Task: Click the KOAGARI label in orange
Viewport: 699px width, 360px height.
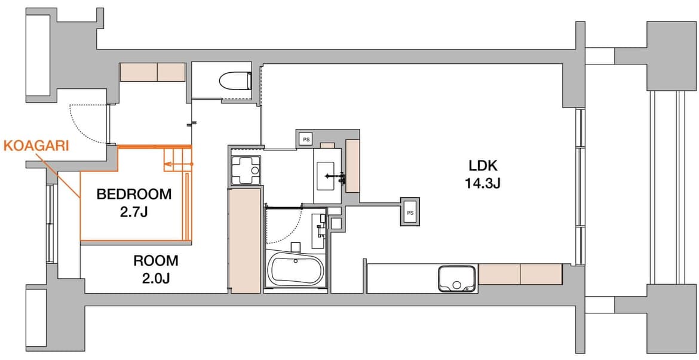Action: pos(36,146)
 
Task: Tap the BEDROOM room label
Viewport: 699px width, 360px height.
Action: pos(134,194)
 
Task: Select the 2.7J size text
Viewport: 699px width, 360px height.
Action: pos(134,213)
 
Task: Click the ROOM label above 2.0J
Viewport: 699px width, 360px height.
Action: pos(155,260)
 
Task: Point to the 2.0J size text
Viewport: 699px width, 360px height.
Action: pos(155,278)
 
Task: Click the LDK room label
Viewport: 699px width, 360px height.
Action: pos(482,166)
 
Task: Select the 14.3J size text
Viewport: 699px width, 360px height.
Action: pos(482,183)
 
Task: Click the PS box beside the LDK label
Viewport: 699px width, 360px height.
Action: pos(410,213)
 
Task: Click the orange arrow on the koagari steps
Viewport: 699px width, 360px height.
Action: pos(178,165)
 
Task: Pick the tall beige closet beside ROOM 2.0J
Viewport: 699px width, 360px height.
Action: pos(244,241)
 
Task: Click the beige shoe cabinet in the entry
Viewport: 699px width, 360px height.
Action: pos(152,72)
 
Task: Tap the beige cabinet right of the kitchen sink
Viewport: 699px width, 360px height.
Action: pos(520,274)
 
